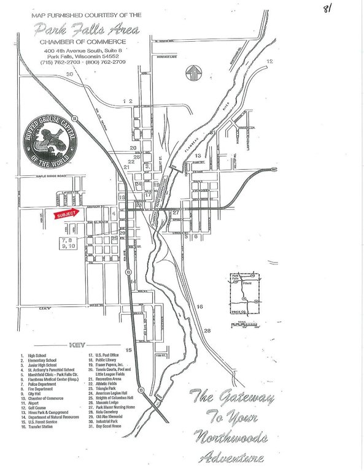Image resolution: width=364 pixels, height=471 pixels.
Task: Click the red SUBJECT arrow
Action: click(x=65, y=215)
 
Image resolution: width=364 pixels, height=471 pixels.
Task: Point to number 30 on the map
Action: click(x=69, y=74)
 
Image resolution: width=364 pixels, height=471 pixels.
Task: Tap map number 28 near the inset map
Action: click(x=206, y=331)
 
